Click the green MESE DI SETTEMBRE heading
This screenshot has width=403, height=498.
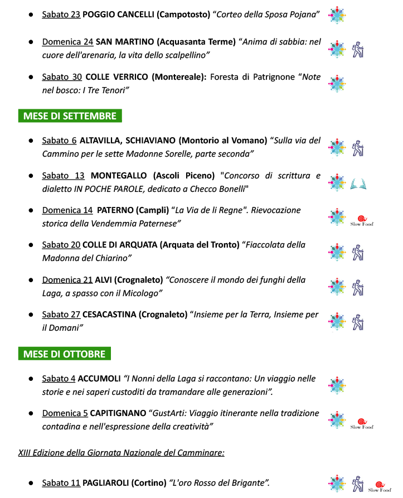pyautogui.click(x=70, y=116)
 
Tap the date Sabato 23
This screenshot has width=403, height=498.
pyautogui.click(x=61, y=14)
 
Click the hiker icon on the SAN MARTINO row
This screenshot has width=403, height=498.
pyautogui.click(x=358, y=50)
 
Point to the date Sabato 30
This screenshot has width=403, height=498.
pyautogui.click(x=61, y=77)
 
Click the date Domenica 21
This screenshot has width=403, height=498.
pyautogui.click(x=67, y=279)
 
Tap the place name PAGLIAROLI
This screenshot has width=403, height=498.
pyautogui.click(x=106, y=482)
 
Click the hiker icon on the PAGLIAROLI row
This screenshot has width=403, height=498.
pyautogui.click(x=358, y=484)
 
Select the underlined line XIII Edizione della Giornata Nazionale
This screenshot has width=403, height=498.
pyautogui.click(x=121, y=452)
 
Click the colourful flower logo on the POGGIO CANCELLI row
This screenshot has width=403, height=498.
pyautogui.click(x=336, y=14)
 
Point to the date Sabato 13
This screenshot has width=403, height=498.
pyautogui.click(x=63, y=176)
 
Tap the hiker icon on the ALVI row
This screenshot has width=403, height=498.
pyautogui.click(x=358, y=287)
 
